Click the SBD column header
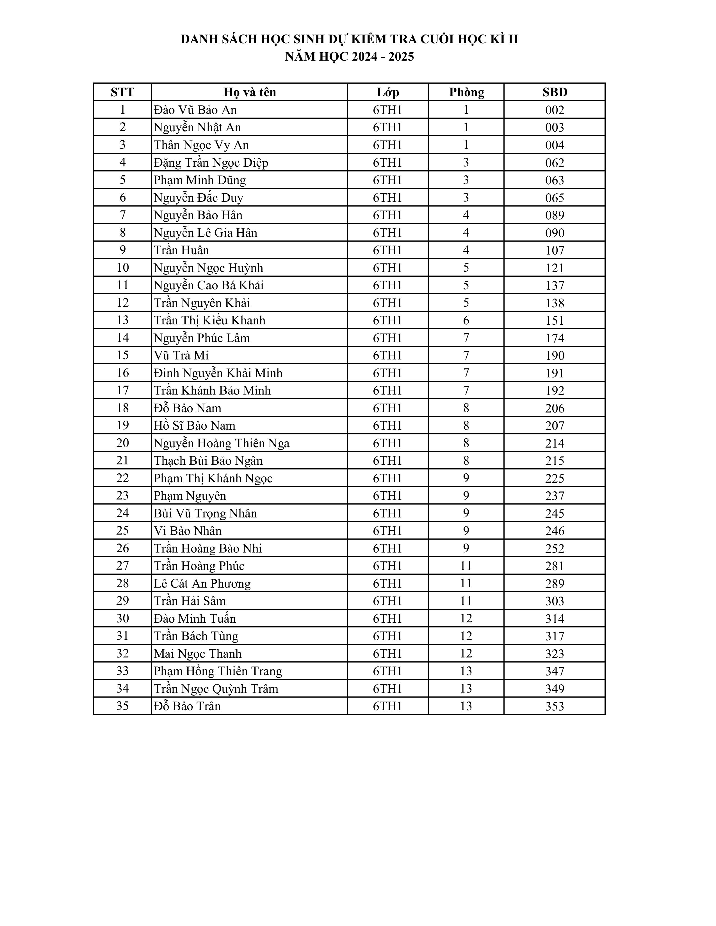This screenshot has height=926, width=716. pyautogui.click(x=554, y=92)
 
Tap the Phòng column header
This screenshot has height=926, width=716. pyautogui.click(x=466, y=92)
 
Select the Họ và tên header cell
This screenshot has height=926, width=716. pyautogui.click(x=249, y=92)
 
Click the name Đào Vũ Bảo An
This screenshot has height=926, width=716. pyautogui.click(x=195, y=110)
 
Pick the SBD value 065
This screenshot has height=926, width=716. pyautogui.click(x=554, y=198)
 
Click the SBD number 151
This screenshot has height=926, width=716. pyautogui.click(x=554, y=320)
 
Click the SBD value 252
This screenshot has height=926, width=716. pyautogui.click(x=554, y=548)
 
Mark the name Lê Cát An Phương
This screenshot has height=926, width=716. pyautogui.click(x=202, y=583)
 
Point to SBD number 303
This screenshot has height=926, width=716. pyautogui.click(x=554, y=601)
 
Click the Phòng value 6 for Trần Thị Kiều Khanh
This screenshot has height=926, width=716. pyautogui.click(x=466, y=320)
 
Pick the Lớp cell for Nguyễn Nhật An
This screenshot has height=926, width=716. pyautogui.click(x=387, y=127)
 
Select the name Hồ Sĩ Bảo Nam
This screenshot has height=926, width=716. pyautogui.click(x=194, y=425)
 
